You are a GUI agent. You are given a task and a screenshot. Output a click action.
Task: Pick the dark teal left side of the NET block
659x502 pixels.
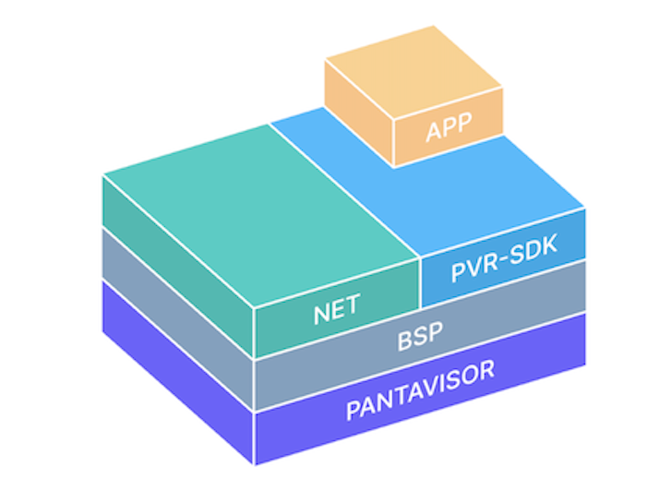175,249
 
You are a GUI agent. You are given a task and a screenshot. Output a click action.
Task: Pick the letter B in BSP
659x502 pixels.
404,341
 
